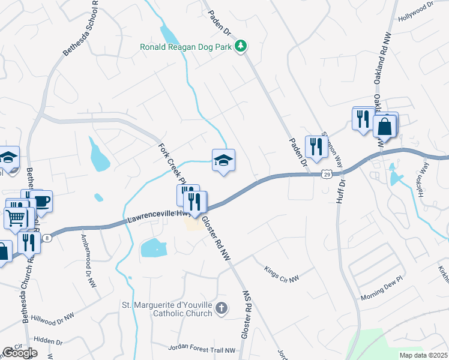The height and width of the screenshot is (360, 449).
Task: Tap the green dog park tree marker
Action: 241,46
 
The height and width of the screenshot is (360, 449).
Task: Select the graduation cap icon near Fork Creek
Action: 223,160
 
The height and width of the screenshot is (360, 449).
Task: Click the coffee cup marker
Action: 41,201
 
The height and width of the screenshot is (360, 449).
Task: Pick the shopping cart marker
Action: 16,218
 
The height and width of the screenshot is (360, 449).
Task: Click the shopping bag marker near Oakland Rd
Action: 384,127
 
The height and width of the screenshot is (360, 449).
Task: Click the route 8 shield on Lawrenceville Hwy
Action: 46,238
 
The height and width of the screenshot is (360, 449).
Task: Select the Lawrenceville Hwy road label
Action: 159,217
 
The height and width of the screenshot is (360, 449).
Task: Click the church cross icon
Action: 221,309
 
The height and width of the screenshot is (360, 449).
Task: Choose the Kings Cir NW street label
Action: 281,272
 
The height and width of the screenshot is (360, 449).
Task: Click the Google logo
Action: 20,352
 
